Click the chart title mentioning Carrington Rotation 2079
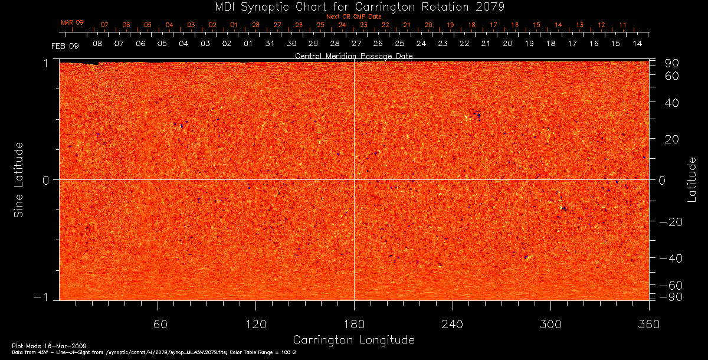(x=353, y=6)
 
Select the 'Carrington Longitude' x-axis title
(x=353, y=340)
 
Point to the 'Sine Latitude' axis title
(x=19, y=179)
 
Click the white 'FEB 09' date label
(x=64, y=45)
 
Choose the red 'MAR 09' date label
(x=72, y=22)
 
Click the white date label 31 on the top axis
(x=270, y=44)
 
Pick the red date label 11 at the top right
(x=622, y=25)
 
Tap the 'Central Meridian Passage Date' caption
(x=353, y=55)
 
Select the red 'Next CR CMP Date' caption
(x=353, y=17)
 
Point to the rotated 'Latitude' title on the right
(x=691, y=179)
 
